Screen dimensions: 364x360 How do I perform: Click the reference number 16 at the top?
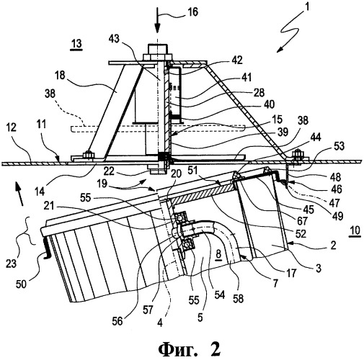pyautogui.click(x=192, y=12)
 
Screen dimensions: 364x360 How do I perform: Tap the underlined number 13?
pyautogui.click(x=76, y=44)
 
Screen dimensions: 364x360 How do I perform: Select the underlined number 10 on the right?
pyautogui.click(x=355, y=230)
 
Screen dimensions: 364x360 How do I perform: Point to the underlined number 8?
pyautogui.click(x=218, y=255)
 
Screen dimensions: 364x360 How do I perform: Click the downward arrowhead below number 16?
pyautogui.click(x=157, y=28)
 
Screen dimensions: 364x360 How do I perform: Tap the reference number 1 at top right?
pyautogui.click(x=306, y=7)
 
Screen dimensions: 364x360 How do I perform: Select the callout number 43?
pyautogui.click(x=114, y=38)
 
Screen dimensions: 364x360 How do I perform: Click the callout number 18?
pyautogui.click(x=60, y=75)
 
